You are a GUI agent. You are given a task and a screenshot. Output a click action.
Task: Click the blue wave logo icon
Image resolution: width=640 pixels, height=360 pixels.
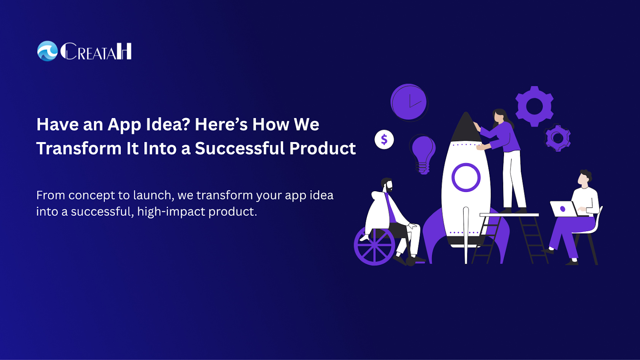[48, 51]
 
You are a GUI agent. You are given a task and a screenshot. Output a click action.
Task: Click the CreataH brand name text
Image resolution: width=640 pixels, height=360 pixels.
[96, 52]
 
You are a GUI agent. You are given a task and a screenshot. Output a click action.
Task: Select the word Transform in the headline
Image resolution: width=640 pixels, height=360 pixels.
[79, 148]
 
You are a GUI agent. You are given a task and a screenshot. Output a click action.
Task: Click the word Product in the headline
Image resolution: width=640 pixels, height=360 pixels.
[322, 148]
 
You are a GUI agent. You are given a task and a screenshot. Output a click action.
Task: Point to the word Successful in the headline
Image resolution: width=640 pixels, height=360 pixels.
[240, 148]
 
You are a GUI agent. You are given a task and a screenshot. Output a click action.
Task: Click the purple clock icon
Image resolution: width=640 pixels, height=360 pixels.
[409, 102]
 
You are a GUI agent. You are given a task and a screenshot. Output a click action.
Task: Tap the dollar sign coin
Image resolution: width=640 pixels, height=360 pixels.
[384, 140]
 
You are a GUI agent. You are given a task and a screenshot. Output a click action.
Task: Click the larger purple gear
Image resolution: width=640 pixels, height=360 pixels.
[534, 106]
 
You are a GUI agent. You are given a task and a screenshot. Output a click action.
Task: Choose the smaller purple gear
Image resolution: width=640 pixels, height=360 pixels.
[558, 138]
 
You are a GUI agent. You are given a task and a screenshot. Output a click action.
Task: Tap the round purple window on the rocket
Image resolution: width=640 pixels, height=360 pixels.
[466, 178]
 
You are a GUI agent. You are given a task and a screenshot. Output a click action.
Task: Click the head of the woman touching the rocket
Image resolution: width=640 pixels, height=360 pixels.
[499, 116]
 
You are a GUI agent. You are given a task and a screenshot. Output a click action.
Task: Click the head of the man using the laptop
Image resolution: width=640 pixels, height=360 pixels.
[584, 178]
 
